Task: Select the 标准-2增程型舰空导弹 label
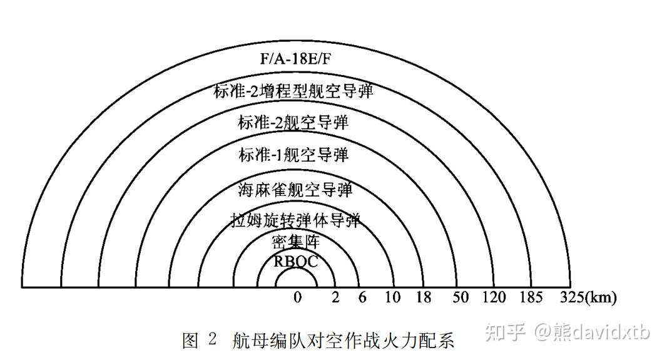(293, 91)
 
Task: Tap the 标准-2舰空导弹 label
(293, 123)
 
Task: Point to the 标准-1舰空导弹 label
(293, 155)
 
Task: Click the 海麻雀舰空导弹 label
(295, 188)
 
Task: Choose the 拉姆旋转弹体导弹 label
(295, 220)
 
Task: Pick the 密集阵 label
(296, 242)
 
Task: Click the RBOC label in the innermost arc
(296, 261)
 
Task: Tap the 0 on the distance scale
(298, 297)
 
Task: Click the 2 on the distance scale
(335, 297)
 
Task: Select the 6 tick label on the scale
(362, 297)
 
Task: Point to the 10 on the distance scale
(392, 297)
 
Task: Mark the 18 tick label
(424, 297)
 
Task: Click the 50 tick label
(461, 297)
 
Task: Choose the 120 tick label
(494, 297)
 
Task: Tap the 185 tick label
(531, 297)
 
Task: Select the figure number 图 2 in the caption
(199, 341)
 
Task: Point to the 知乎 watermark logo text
(506, 332)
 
